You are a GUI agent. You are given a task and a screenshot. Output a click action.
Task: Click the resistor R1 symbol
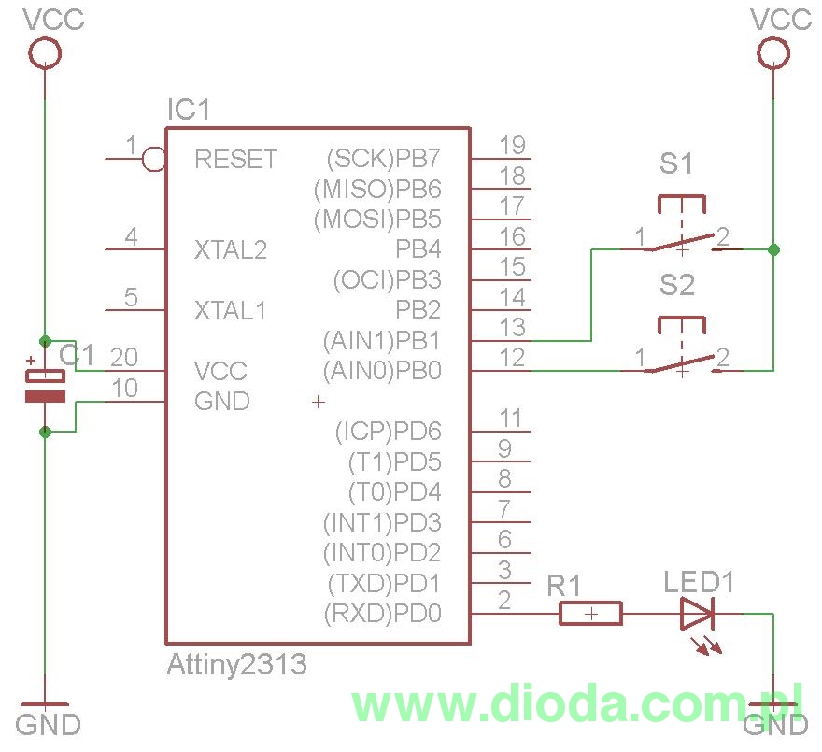coord(590,614)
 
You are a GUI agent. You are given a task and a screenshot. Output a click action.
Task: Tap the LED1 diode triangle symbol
coord(697,614)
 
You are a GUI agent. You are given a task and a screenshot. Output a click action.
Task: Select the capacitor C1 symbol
coord(45,386)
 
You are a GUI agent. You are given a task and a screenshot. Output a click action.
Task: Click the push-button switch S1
coord(682,234)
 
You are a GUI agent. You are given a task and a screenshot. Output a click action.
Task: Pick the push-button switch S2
coord(682,355)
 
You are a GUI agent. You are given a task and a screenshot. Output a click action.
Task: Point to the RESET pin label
coord(235,160)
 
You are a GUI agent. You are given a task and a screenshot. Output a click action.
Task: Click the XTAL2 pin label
coord(230,250)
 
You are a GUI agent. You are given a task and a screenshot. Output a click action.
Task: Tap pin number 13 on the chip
coord(512,327)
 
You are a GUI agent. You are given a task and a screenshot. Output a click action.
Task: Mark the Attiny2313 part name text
coord(236,664)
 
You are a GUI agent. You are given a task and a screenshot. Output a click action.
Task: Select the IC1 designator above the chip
coord(189,110)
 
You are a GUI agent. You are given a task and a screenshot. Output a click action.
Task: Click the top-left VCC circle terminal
coord(45,53)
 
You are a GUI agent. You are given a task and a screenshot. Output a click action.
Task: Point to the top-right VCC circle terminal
coord(772,53)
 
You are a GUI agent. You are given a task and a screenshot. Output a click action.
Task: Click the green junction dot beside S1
coord(772,249)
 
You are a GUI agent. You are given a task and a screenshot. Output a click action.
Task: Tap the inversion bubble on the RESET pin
coord(154,160)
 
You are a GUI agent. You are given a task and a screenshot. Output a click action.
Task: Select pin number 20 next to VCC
coord(124,358)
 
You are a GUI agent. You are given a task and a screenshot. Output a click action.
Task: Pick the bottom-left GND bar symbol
coord(45,702)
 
